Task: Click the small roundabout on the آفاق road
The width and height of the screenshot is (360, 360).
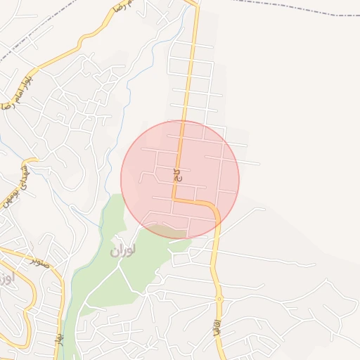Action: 219,299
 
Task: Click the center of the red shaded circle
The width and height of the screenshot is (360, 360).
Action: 180,179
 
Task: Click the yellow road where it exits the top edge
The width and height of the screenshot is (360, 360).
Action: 195,3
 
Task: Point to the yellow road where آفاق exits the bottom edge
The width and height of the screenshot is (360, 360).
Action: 220,356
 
